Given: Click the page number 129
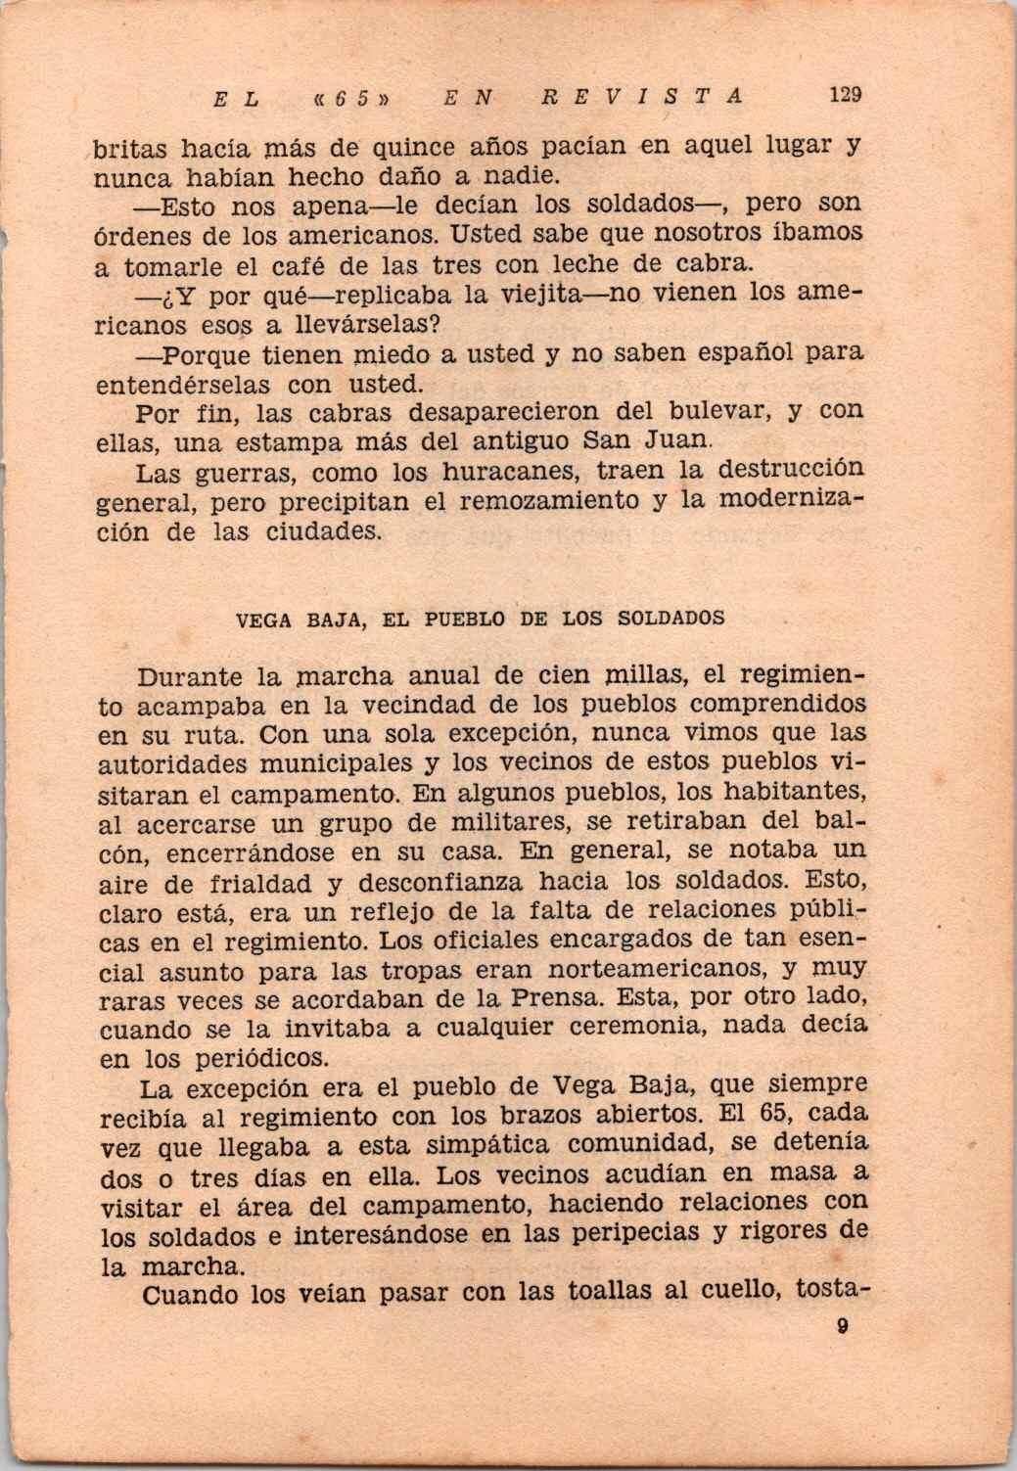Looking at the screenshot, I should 843,95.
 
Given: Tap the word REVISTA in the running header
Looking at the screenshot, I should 642,96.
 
